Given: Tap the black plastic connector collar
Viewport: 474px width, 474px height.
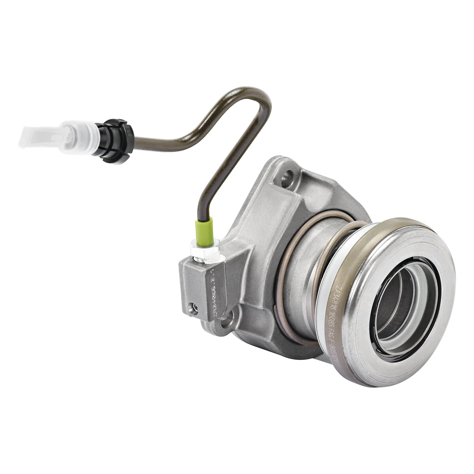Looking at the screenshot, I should (x=117, y=136).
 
